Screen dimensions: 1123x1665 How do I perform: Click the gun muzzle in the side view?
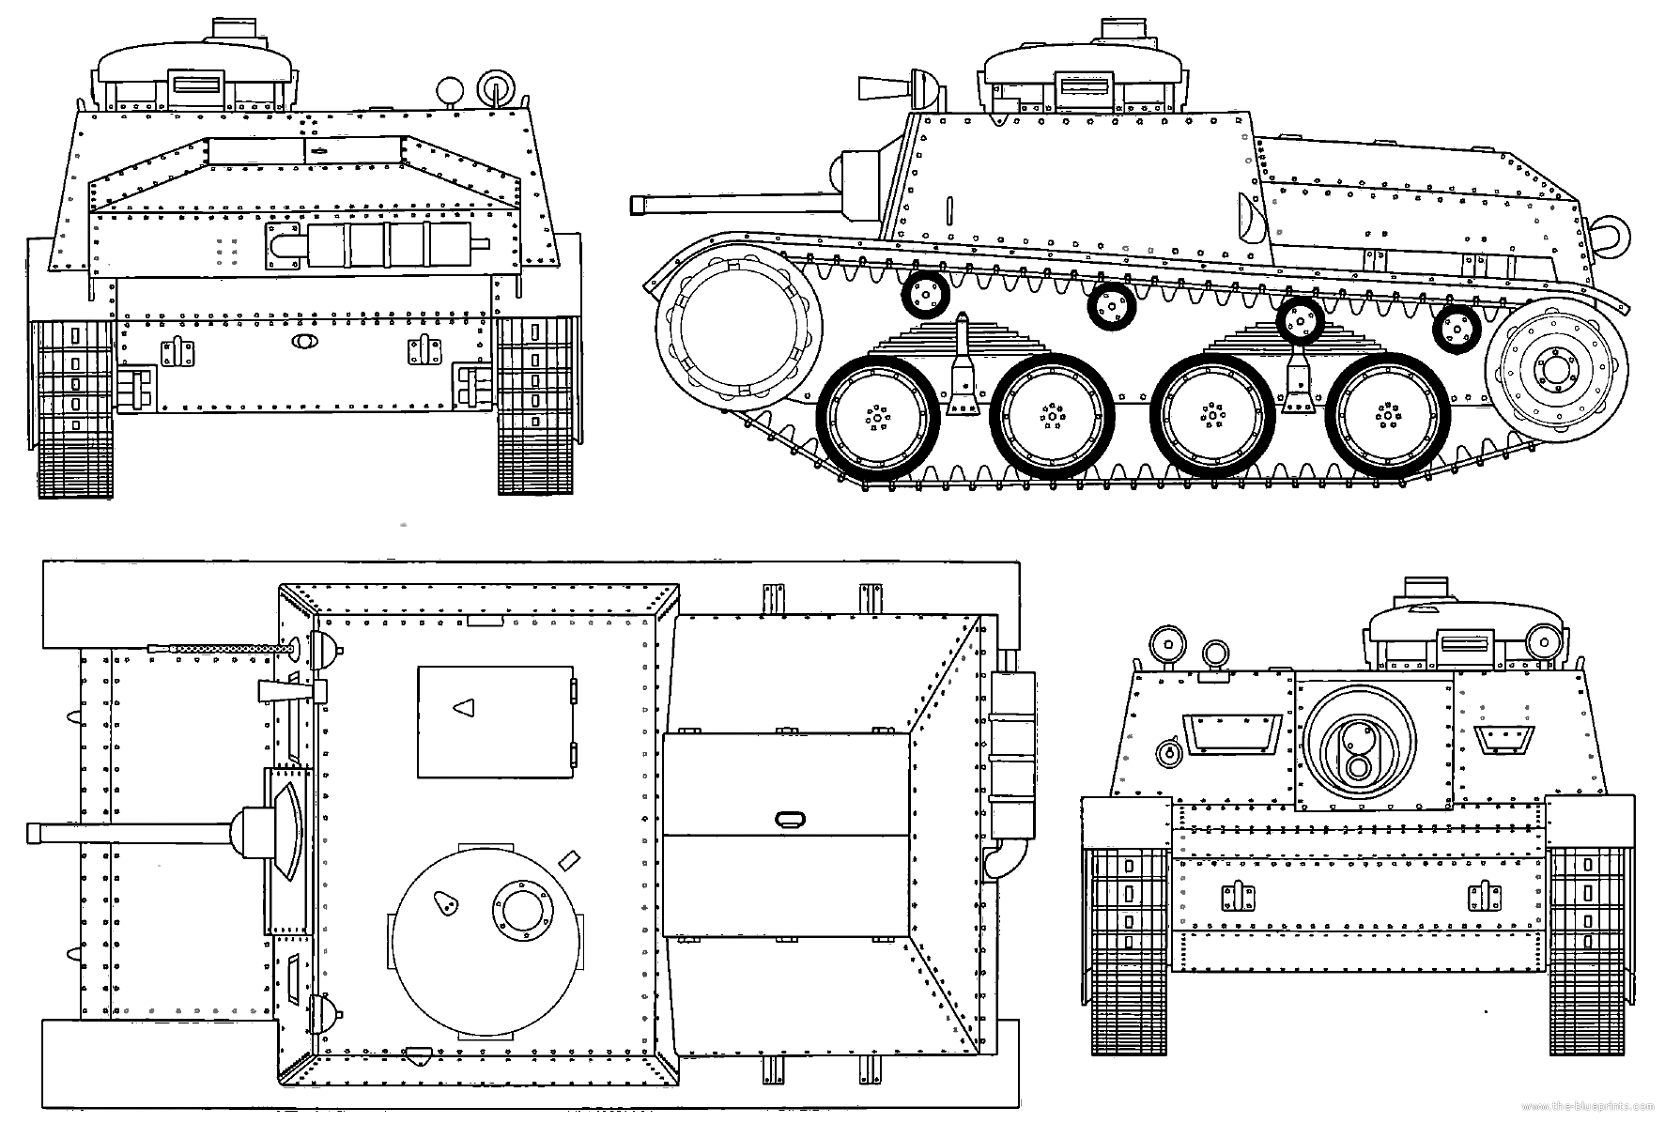(637, 204)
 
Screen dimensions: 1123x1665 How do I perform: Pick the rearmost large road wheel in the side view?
(1386, 414)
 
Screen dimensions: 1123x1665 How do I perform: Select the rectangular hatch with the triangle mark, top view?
(495, 722)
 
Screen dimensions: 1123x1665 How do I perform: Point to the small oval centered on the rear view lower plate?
(304, 344)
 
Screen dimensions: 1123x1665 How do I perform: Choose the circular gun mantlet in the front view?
(1358, 738)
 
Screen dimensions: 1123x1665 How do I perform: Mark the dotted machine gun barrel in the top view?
(218, 648)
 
